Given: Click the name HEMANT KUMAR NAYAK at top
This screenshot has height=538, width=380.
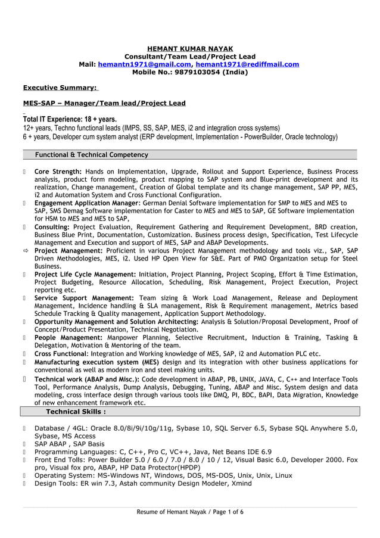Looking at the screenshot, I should pyautogui.click(x=189, y=48).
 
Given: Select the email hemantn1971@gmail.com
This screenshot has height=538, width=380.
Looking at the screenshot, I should pyautogui.click(x=144, y=64).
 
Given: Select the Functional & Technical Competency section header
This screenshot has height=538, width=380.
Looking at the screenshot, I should pyautogui.click(x=92, y=155).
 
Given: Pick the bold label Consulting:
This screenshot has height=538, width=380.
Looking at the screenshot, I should pyautogui.click(x=52, y=227).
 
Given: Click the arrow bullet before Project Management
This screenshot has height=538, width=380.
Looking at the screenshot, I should pyautogui.click(x=26, y=251).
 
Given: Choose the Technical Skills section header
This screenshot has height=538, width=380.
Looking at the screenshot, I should pyautogui.click(x=76, y=412).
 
